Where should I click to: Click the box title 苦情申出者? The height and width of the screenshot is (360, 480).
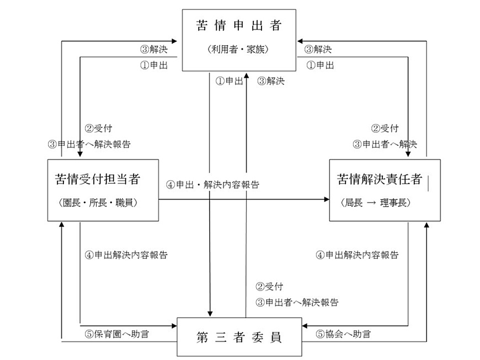[x=239, y=25]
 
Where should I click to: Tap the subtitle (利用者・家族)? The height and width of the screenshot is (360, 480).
[x=238, y=49]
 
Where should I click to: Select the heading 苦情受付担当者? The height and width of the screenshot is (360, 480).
[x=98, y=179]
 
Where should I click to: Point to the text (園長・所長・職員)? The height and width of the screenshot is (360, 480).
[x=98, y=202]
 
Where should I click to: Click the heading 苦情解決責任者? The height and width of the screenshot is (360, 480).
[x=380, y=179]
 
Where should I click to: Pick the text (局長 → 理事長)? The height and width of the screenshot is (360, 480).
[x=376, y=202]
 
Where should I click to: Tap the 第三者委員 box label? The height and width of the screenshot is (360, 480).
[x=239, y=337]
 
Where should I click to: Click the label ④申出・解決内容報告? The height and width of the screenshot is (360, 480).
[x=213, y=185]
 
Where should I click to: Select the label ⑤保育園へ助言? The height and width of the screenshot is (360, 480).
[x=116, y=334]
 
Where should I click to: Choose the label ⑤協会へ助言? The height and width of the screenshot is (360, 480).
[x=343, y=334]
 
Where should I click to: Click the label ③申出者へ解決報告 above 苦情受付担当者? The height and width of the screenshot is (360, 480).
[x=89, y=144]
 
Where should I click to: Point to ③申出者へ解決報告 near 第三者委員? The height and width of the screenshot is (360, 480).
[x=297, y=303]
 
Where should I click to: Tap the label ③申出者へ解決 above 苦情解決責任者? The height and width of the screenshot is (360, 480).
[x=385, y=144]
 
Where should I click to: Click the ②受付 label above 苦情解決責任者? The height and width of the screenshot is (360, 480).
[x=385, y=128]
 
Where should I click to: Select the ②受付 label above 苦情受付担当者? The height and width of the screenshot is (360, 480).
[x=98, y=128]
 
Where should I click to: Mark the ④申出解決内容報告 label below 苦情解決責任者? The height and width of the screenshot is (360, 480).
[x=357, y=255]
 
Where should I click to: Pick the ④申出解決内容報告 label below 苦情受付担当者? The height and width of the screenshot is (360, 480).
[x=126, y=255]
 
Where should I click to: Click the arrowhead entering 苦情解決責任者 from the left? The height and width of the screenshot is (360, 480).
[x=327, y=200]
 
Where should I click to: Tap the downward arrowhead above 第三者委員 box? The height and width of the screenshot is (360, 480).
[x=210, y=314]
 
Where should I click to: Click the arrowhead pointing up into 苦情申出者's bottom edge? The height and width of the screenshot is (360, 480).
[x=246, y=74]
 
